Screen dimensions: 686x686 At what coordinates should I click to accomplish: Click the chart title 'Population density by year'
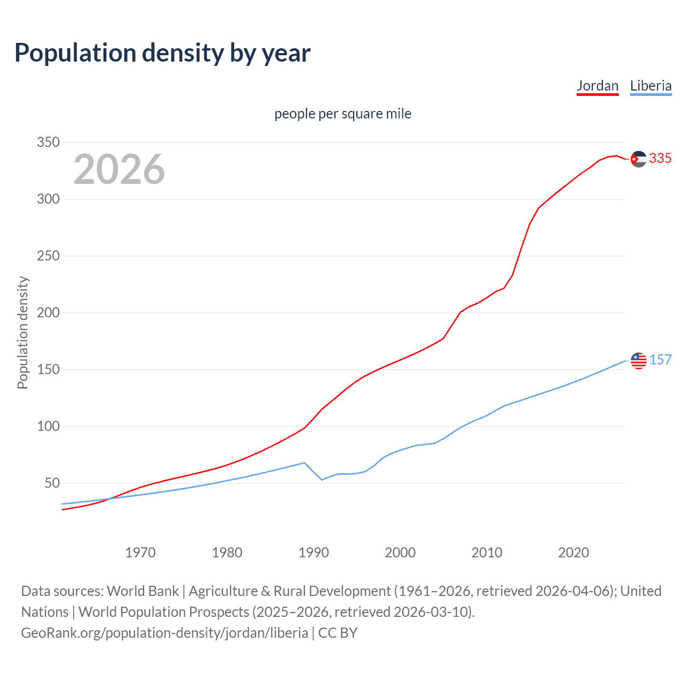coord(162,53)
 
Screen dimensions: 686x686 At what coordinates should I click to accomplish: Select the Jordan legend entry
coord(598,86)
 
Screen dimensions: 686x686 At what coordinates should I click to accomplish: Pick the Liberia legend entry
coord(651,86)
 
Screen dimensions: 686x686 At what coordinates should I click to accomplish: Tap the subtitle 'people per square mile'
coord(342,114)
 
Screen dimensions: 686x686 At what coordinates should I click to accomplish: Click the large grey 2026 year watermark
coord(119,169)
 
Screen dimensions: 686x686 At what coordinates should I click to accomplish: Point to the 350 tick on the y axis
coord(48,143)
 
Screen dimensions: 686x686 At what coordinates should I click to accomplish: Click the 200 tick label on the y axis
coord(48,313)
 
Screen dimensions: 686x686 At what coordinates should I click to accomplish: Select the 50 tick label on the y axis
coord(51,483)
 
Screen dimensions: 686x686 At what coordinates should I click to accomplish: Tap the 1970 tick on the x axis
coord(140,553)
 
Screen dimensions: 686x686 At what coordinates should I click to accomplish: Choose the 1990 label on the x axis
coord(314,553)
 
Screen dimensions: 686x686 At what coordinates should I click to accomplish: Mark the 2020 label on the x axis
coord(573,553)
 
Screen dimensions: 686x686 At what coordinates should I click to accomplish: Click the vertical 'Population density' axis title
coord(23,332)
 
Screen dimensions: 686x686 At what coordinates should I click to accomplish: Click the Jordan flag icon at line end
coord(638,159)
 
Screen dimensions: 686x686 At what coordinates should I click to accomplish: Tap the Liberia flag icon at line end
coord(638,361)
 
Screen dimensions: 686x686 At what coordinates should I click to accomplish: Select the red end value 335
coord(660,159)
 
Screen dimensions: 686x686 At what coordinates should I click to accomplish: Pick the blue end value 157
coord(660,360)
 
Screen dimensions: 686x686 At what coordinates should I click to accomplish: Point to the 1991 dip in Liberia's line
coord(322,479)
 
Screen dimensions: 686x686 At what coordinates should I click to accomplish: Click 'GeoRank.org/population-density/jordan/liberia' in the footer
coord(165,633)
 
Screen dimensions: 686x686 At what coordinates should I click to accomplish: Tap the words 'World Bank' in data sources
coord(143,591)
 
